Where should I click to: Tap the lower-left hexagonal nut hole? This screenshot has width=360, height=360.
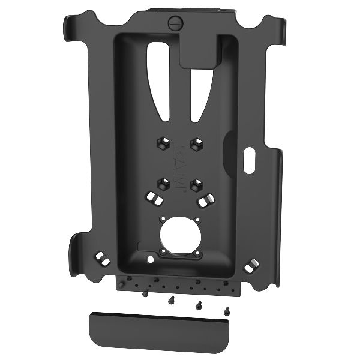point(162,183)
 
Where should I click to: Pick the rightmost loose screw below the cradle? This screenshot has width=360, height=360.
point(227,311)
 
